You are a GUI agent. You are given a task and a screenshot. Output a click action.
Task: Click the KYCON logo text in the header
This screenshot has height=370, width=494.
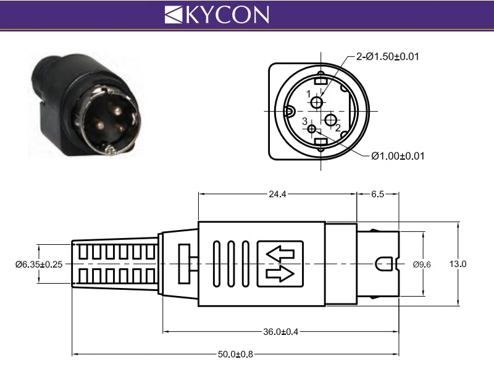pyautogui.click(x=217, y=14)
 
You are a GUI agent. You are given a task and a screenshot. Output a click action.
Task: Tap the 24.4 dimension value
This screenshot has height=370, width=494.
pyautogui.click(x=277, y=194)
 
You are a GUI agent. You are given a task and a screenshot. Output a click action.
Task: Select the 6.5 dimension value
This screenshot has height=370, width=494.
pyautogui.click(x=377, y=194)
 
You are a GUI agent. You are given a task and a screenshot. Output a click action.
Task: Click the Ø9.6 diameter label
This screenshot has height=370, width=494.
pyautogui.click(x=421, y=265)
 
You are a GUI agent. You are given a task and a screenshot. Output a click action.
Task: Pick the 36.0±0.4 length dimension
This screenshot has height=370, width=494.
pyautogui.click(x=280, y=332)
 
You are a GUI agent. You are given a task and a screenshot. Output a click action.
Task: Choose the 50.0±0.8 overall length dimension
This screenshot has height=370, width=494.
pyautogui.click(x=235, y=354)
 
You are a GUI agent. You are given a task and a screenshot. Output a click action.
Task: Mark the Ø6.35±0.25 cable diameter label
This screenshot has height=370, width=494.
pyautogui.click(x=39, y=264)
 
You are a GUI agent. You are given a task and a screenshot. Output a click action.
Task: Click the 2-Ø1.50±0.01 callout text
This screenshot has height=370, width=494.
pyautogui.click(x=388, y=57)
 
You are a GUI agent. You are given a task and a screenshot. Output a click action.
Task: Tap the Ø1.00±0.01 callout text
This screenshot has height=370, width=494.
pyautogui.click(x=398, y=155)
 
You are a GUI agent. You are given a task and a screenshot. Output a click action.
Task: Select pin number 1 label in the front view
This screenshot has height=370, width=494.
pyautogui.click(x=309, y=94)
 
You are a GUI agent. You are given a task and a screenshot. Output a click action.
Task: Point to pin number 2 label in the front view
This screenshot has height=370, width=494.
pyautogui.click(x=338, y=128)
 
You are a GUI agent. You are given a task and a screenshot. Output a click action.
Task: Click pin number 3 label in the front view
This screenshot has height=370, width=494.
pyautogui.click(x=304, y=121)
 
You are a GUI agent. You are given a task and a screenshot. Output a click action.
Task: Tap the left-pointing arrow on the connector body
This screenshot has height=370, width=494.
pyautogui.click(x=280, y=253)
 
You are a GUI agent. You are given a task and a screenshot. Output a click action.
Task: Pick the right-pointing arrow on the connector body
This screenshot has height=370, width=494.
pyautogui.click(x=280, y=273)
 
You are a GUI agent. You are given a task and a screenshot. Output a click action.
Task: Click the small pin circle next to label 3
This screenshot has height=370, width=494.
pyautogui.click(x=312, y=129)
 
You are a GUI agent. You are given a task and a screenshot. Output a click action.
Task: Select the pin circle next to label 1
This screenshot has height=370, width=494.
pyautogui.click(x=317, y=102)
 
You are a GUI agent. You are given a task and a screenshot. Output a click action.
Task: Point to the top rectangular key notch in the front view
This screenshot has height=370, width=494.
pyautogui.click(x=320, y=80)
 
